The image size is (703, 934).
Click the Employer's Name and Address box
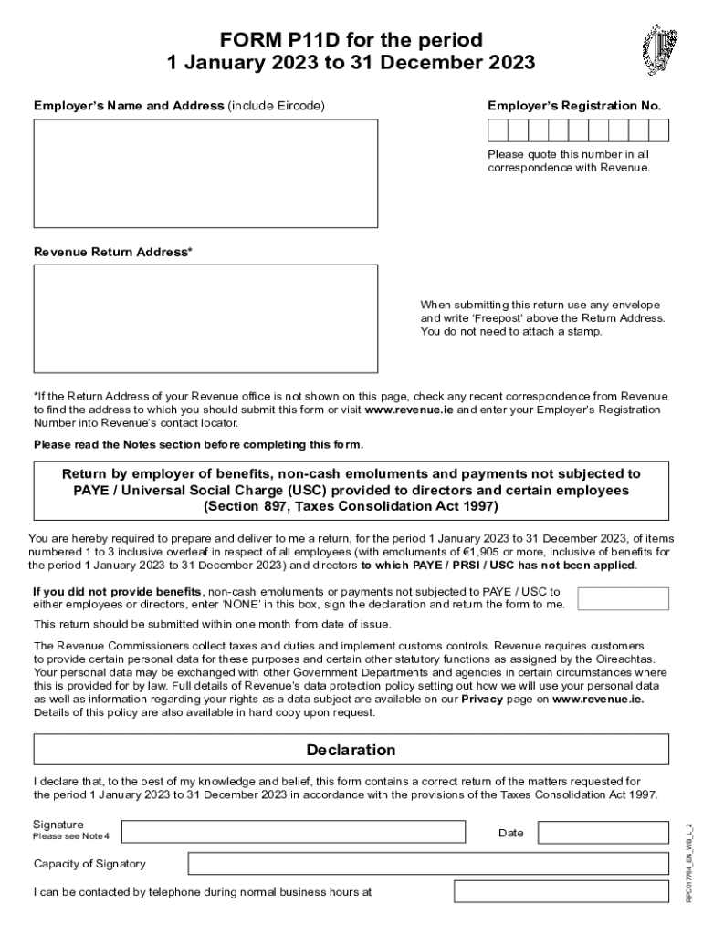coord(205,173)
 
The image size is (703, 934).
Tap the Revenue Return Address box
coord(205,318)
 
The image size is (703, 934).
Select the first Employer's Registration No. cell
coord(498,130)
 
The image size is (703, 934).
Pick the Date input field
coord(603,832)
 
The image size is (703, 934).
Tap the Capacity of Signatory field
coord(428,863)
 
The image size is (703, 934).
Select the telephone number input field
coord(561,891)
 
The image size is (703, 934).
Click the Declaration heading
coord(351,750)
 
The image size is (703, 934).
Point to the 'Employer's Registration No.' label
coord(574,106)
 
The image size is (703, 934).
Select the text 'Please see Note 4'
coord(71,836)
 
